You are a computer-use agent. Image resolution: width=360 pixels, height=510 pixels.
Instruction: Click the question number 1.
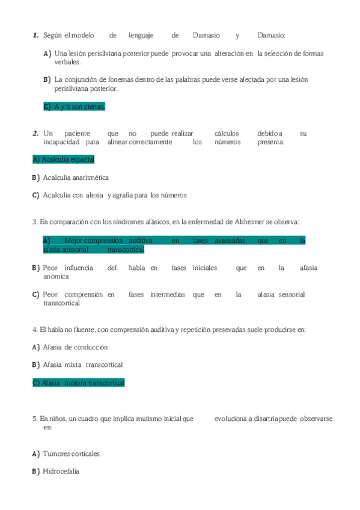point(35,35)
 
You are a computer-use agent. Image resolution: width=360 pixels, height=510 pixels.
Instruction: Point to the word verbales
point(67,62)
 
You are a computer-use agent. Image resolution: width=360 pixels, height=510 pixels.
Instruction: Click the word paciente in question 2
point(78,134)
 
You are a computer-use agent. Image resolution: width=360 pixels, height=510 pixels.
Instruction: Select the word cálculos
point(226,134)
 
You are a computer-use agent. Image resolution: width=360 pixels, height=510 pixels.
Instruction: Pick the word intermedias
point(168,295)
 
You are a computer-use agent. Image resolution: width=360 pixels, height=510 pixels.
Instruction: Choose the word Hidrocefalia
point(61,472)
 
